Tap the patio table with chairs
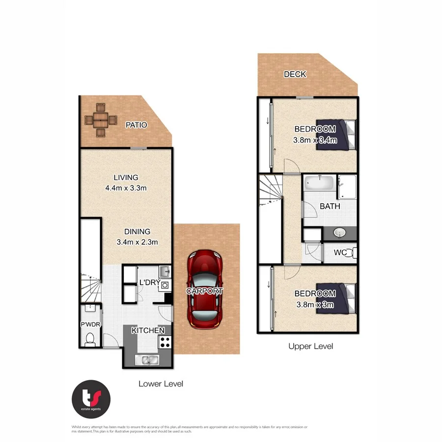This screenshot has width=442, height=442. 100,119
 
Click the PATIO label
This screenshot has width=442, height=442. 136,125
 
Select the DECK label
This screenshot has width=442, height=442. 295,75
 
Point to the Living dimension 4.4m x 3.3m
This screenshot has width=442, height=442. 126,188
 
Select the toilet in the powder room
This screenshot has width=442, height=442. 90,338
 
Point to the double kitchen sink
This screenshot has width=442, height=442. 147,360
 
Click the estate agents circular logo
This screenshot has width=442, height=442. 91,397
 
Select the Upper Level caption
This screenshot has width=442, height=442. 310,346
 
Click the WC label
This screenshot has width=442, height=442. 340,253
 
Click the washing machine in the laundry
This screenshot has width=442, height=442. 165,285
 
